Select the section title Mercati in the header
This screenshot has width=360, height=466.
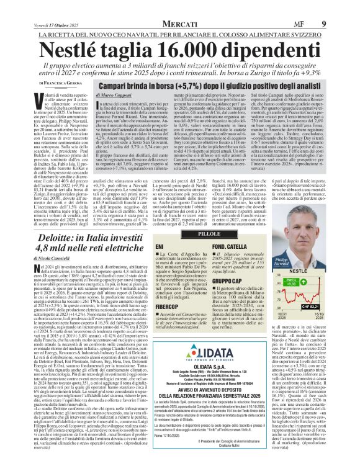point(179,7)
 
